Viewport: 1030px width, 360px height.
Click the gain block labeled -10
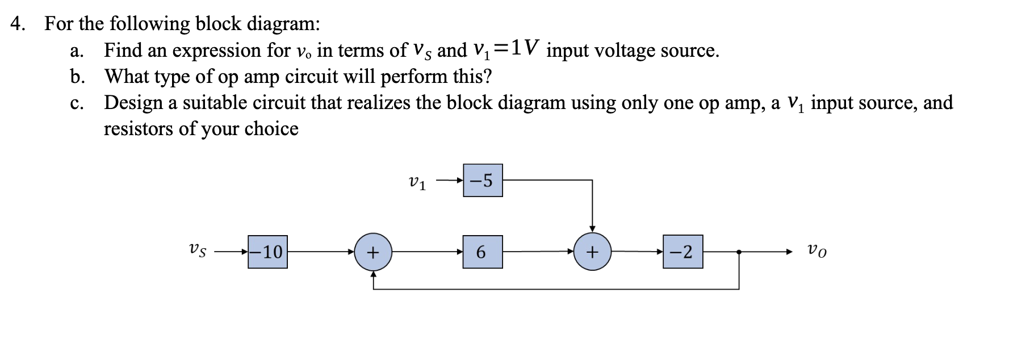pyautogui.click(x=267, y=252)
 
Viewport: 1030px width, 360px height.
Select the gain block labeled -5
pyautogui.click(x=483, y=181)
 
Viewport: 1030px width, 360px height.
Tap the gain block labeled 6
pyautogui.click(x=483, y=252)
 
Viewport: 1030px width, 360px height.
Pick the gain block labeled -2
pyautogui.click(x=683, y=252)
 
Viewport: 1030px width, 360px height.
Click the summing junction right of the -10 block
pyautogui.click(x=372, y=252)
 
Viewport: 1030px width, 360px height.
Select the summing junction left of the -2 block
pyautogui.click(x=592, y=252)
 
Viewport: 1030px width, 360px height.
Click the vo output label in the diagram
pyautogui.click(x=817, y=250)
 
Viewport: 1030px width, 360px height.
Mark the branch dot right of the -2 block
pyautogui.click(x=738, y=252)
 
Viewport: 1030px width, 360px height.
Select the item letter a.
pyautogui.click(x=76, y=51)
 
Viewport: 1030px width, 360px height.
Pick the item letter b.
pyautogui.click(x=77, y=77)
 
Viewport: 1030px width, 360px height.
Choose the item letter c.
pyautogui.click(x=76, y=103)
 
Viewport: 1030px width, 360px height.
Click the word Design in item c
pyautogui.click(x=132, y=103)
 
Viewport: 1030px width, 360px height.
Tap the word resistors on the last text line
pyautogui.click(x=138, y=129)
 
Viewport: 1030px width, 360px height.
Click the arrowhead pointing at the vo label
pyautogui.click(x=788, y=252)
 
